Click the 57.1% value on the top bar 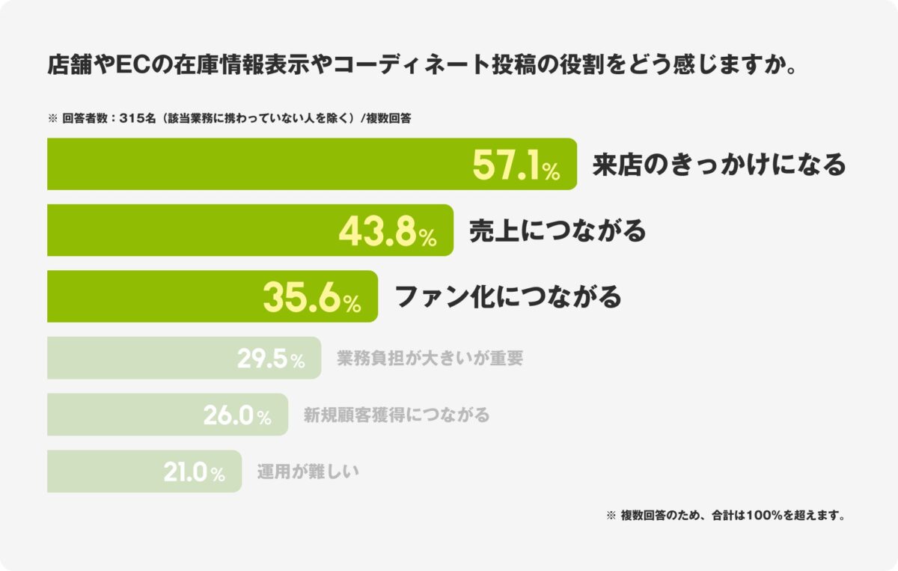[x=516, y=165]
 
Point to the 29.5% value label [x=271, y=359]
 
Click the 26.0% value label [x=237, y=416]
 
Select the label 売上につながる [x=557, y=231]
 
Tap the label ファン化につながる [x=507, y=297]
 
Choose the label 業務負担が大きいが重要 [x=430, y=358]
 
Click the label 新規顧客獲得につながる [x=396, y=415]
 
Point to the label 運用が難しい [x=308, y=472]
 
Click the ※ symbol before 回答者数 [x=52, y=118]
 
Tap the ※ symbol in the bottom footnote [x=610, y=516]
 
